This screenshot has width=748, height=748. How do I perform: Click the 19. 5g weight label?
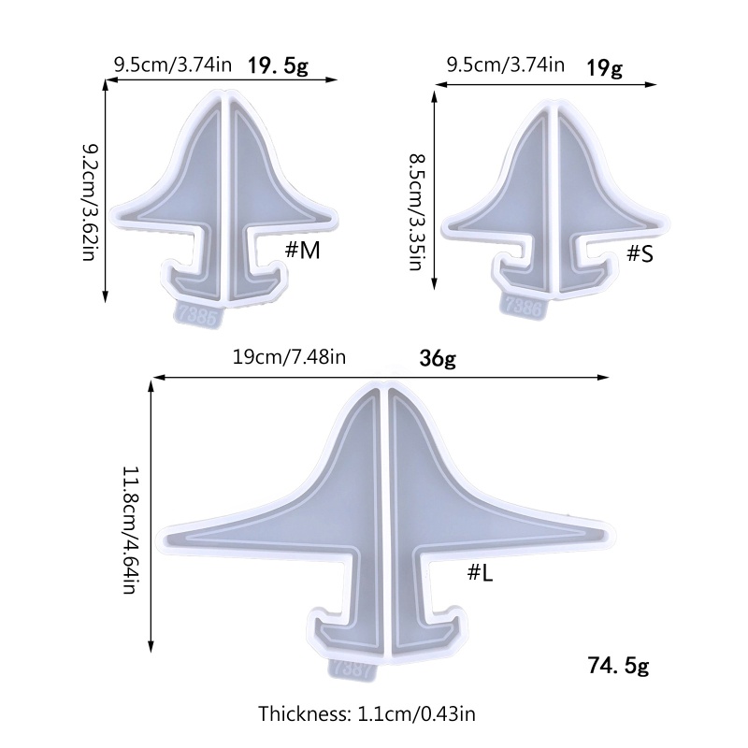point(278,66)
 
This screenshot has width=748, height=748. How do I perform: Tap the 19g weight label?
point(604,67)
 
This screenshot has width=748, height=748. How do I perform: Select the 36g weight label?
point(438,358)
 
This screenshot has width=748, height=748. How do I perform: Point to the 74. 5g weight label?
point(618,665)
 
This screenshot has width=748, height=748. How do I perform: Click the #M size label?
point(302,251)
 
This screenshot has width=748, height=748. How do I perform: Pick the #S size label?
point(640,254)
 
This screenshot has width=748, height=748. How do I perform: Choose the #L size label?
point(480,573)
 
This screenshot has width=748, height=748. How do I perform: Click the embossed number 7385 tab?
point(197,315)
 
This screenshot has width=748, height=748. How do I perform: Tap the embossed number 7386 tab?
point(524,305)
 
